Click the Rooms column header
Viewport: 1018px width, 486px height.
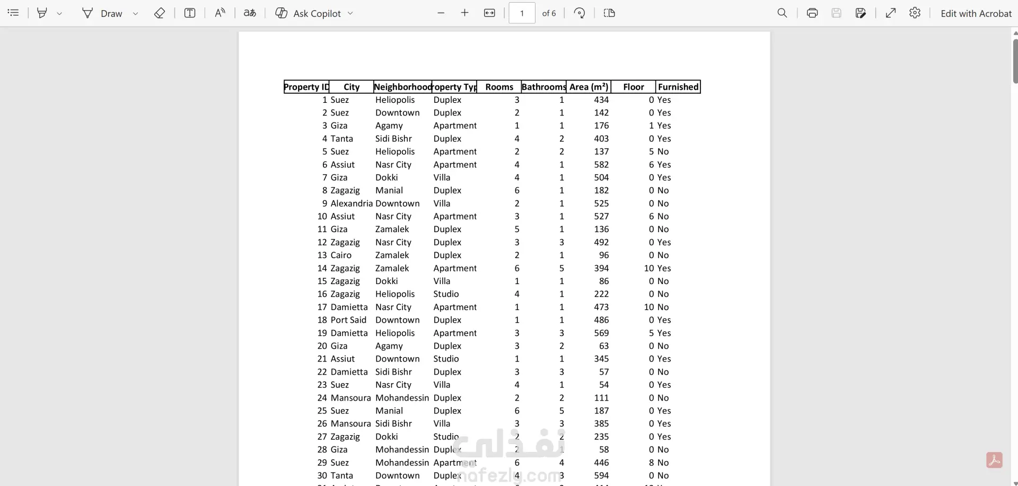[x=499, y=87]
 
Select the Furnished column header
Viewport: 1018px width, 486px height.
[x=678, y=87]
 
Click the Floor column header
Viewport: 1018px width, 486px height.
[x=633, y=87]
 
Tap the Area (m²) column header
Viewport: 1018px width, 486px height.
[x=589, y=87]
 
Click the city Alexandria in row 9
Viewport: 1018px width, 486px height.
[x=352, y=204]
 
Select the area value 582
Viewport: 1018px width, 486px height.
[x=601, y=165]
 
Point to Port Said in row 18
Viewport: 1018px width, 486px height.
[x=348, y=320]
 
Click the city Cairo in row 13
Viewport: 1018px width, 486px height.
[x=341, y=255]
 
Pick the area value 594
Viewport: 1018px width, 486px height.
[x=601, y=475]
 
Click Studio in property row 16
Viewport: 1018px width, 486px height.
[x=446, y=294]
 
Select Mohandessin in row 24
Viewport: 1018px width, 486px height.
[x=402, y=398]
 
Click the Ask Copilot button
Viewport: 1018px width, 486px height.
[x=314, y=13]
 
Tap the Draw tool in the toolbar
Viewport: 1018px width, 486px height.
[x=103, y=13]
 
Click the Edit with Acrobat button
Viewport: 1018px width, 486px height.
[x=976, y=13]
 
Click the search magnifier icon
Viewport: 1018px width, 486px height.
[x=782, y=13]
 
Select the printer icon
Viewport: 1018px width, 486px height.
[x=812, y=13]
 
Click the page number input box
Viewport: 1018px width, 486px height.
[x=522, y=13]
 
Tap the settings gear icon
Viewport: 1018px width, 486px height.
[x=915, y=13]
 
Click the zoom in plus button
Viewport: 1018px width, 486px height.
[x=464, y=13]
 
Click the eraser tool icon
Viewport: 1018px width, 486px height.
[x=160, y=13]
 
